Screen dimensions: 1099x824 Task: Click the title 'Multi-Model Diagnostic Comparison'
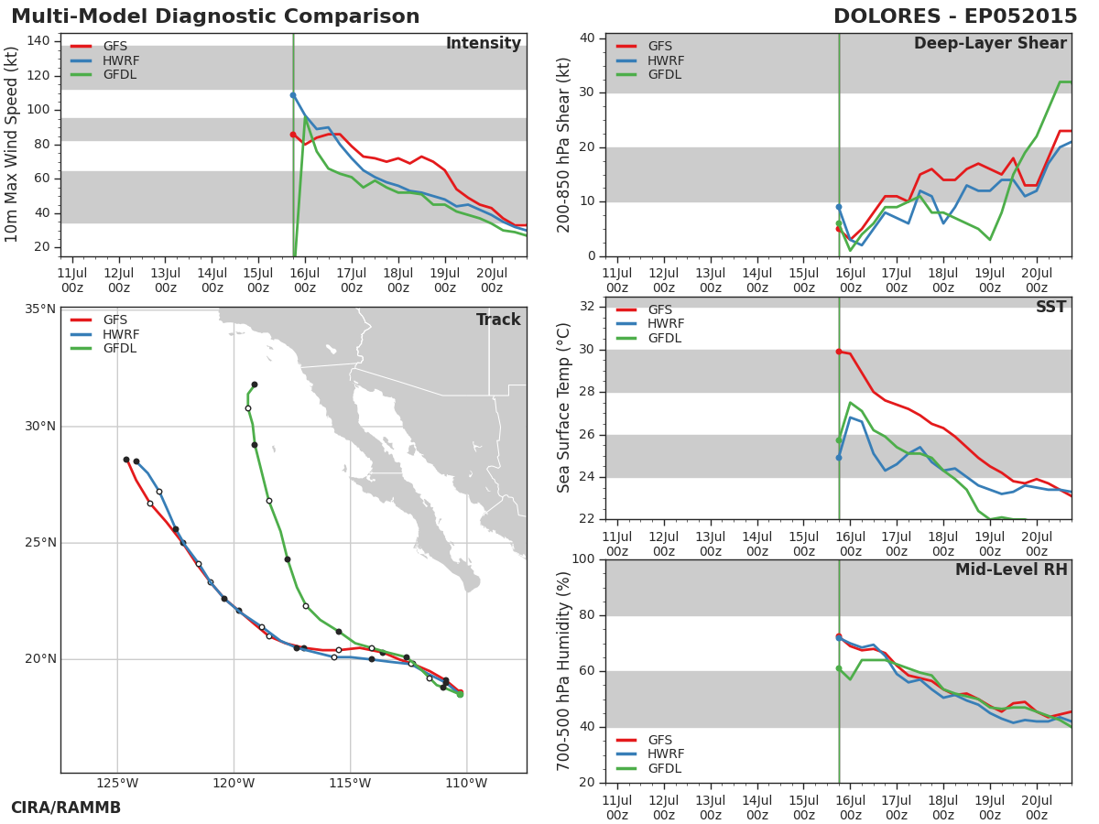pyautogui.click(x=215, y=16)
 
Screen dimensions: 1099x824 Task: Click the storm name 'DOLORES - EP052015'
pyautogui.click(x=955, y=16)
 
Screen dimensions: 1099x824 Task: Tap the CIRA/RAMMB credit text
pyautogui.click(x=66, y=808)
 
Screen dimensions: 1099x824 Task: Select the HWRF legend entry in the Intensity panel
pyautogui.click(x=105, y=60)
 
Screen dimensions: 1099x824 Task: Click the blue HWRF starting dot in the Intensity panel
pyautogui.click(x=293, y=95)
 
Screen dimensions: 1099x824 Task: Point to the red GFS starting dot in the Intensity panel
pyautogui.click(x=293, y=135)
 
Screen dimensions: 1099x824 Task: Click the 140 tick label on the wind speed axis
pyautogui.click(x=38, y=40)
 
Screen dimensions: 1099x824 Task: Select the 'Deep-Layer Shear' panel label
pyautogui.click(x=990, y=43)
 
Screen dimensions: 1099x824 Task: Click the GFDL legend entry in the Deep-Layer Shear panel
pyautogui.click(x=649, y=74)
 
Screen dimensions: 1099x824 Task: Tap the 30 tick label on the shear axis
pyautogui.click(x=588, y=92)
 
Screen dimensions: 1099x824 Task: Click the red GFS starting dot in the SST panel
pyautogui.click(x=839, y=352)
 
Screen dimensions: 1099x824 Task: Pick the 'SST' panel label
pyautogui.click(x=1051, y=307)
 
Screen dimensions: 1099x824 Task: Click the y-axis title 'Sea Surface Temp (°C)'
pyautogui.click(x=563, y=407)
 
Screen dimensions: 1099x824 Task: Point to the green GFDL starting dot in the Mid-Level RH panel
pyautogui.click(x=839, y=668)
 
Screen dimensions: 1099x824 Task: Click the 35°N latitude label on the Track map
pyautogui.click(x=40, y=309)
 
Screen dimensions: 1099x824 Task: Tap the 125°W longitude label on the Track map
pyautogui.click(x=117, y=783)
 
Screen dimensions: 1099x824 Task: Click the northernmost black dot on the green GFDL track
pyautogui.click(x=255, y=385)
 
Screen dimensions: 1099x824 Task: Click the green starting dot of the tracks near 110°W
pyautogui.click(x=460, y=694)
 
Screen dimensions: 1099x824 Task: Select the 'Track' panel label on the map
pyautogui.click(x=498, y=320)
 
